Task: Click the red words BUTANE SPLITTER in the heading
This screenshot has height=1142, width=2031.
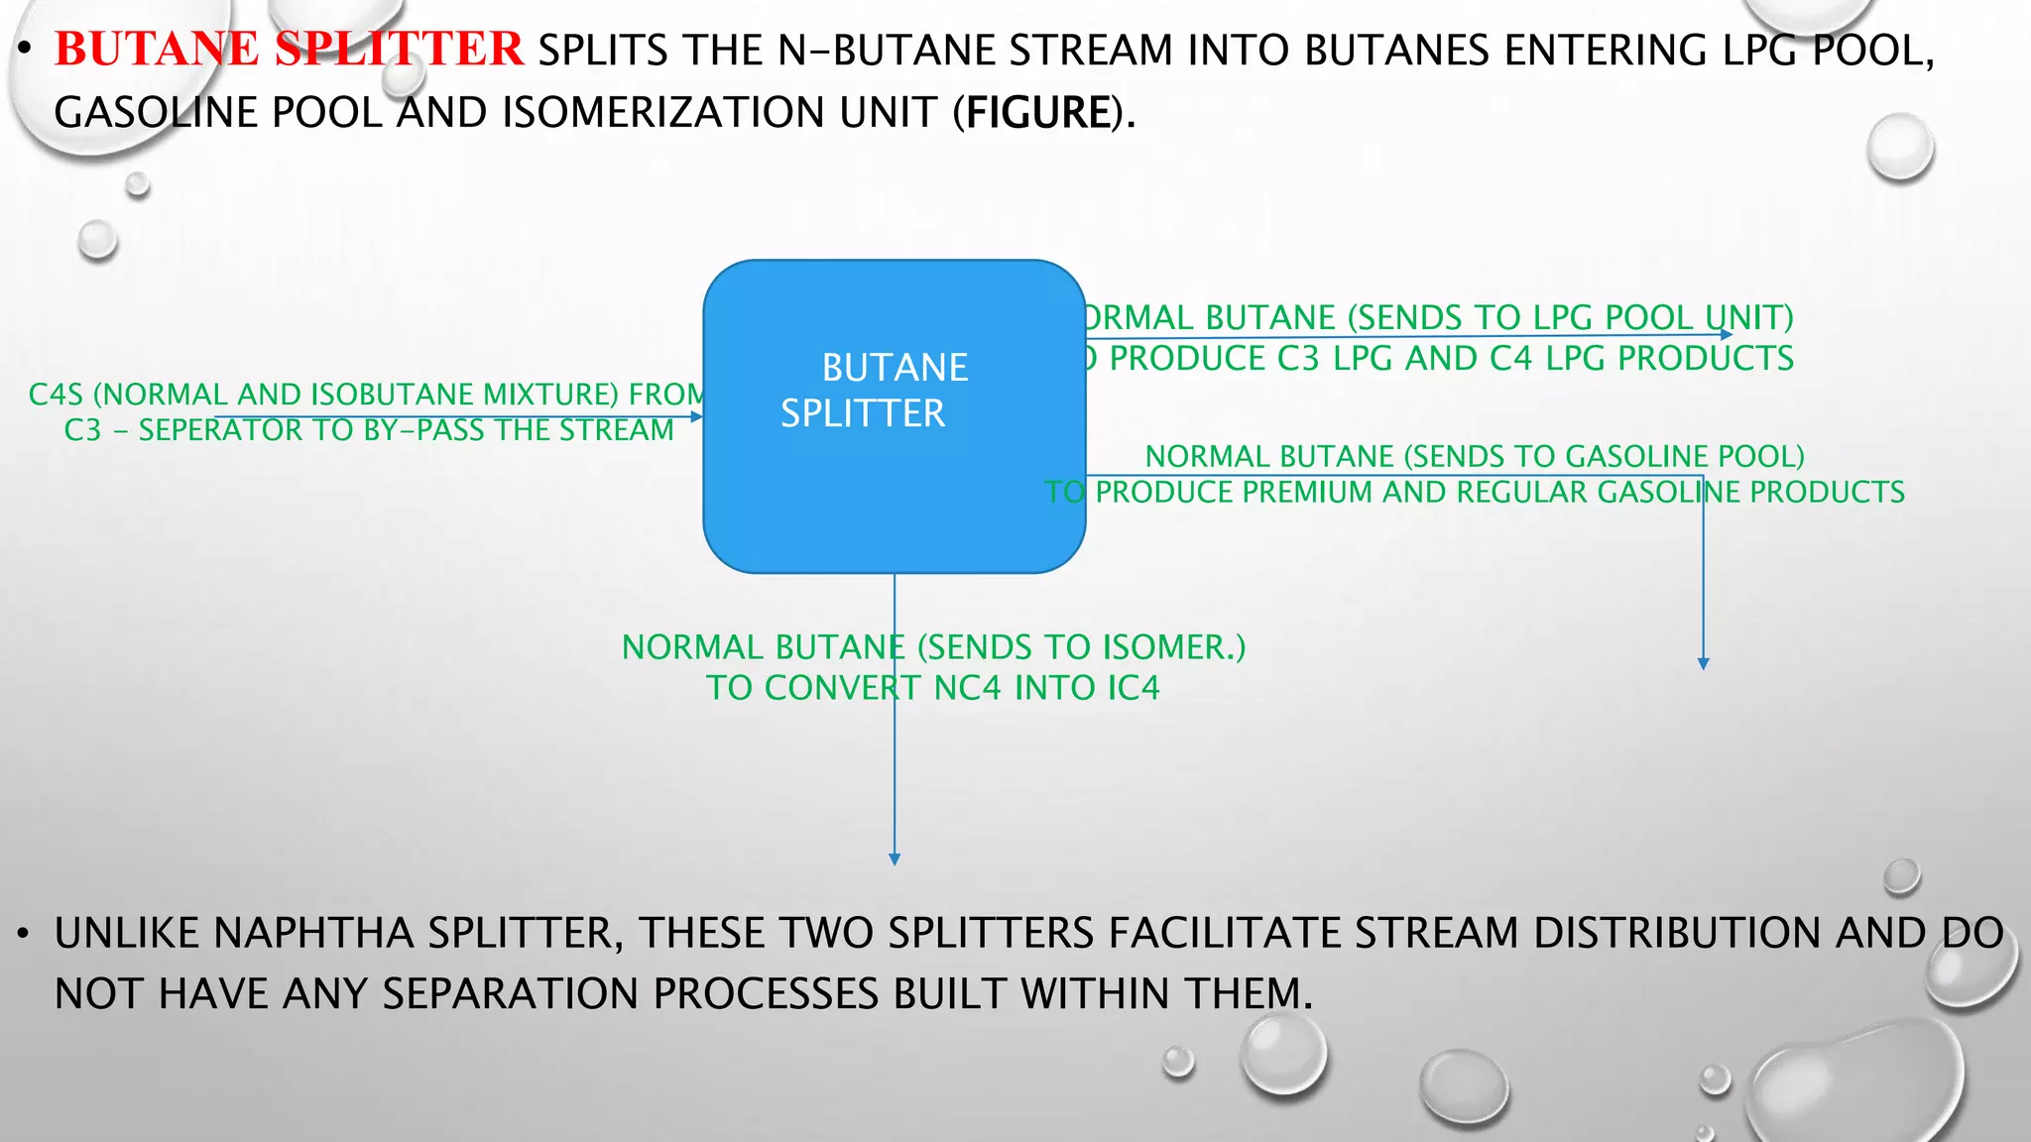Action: [x=288, y=50]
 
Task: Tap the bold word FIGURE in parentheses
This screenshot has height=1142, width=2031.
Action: [x=1038, y=112]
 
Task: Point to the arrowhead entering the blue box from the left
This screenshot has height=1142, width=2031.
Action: [x=696, y=417]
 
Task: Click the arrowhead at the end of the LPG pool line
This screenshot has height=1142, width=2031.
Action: [x=1727, y=335]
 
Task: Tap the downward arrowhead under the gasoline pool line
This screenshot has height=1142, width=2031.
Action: [x=1703, y=663]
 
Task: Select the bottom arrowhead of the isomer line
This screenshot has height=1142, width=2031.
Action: [x=895, y=859]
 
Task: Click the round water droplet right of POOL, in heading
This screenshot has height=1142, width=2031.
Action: [x=1899, y=147]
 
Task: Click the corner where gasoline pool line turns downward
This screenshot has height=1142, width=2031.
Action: [x=1703, y=476]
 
